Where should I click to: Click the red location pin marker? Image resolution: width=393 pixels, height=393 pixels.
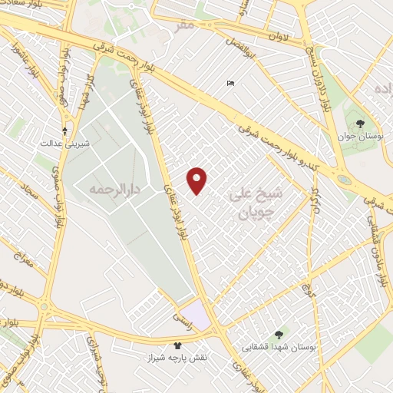[x=197, y=180]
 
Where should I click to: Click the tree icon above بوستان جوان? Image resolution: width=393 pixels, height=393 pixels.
[x=358, y=124]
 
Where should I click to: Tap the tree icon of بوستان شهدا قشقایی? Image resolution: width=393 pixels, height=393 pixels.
[x=278, y=334]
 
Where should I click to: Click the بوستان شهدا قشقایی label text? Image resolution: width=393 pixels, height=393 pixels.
[x=278, y=346]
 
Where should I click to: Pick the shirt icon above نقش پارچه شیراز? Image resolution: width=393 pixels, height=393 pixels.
[x=178, y=346]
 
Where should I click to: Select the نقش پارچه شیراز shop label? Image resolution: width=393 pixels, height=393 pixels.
[x=178, y=358]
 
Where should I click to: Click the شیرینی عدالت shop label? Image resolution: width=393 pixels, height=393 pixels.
[x=64, y=144]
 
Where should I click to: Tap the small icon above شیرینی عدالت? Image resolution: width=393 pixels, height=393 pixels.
[x=64, y=131]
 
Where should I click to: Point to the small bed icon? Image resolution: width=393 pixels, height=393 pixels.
[x=230, y=83]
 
